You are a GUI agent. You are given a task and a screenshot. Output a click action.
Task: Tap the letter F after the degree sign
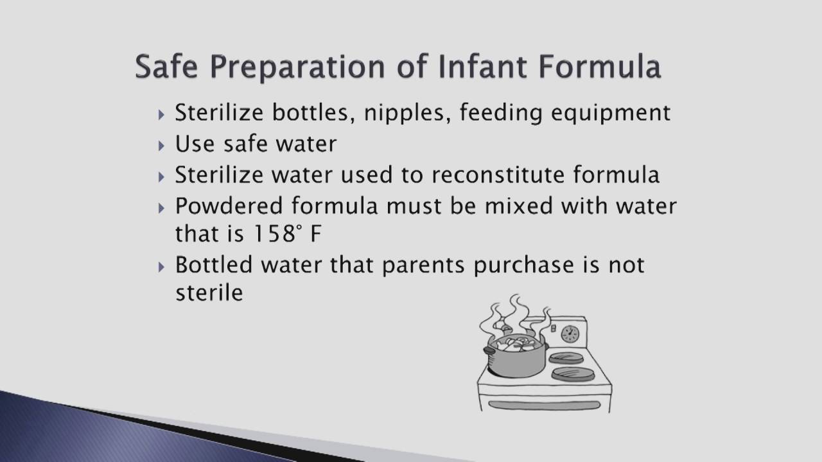point(315,234)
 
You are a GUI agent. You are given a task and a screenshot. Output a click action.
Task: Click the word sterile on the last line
point(209,293)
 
